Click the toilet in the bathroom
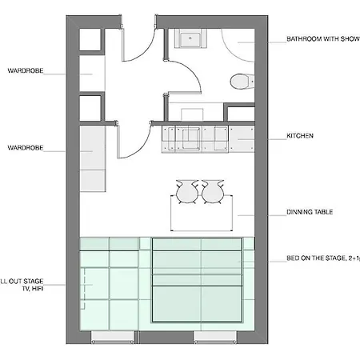(238, 81)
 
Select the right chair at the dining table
(213, 191)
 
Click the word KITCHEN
(300, 136)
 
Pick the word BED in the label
(293, 259)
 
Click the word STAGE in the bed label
(332, 259)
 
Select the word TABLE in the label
(323, 213)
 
